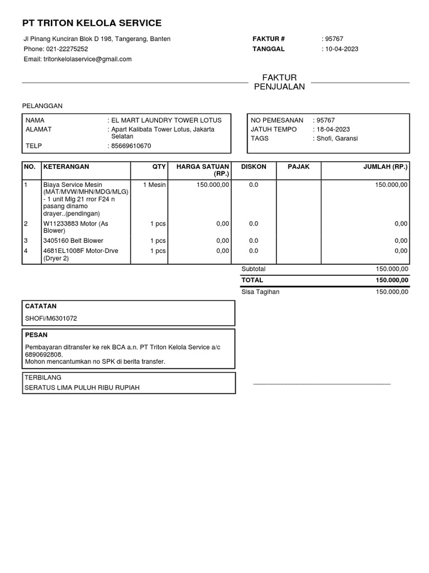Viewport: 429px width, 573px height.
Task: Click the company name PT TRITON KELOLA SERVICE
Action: (92, 23)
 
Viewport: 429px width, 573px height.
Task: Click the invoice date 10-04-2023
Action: (341, 49)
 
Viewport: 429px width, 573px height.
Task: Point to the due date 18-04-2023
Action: (333, 129)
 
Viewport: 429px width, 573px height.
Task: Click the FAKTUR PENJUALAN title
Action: (279, 82)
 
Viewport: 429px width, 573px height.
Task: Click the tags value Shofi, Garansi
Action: (337, 138)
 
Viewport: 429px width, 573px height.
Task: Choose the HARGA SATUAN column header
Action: (202, 170)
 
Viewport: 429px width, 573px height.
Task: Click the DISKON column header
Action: (253, 167)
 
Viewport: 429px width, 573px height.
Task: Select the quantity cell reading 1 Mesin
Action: (155, 185)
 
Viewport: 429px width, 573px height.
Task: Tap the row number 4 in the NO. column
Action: (26, 251)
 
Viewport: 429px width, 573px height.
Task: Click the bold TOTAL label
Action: (252, 280)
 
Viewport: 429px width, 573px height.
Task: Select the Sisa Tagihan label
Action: (260, 292)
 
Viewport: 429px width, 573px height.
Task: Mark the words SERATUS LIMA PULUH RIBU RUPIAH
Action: (82, 387)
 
